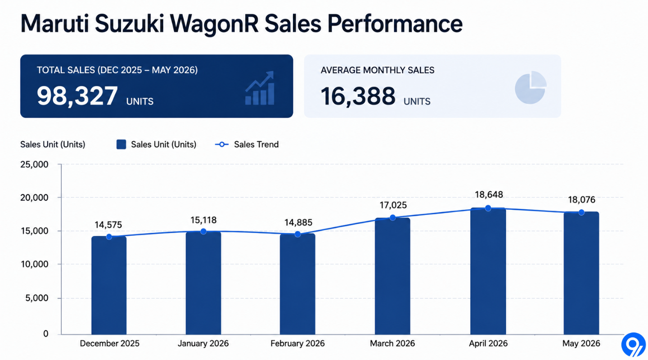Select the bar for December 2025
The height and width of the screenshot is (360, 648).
click(109, 285)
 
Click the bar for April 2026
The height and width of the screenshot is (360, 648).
click(488, 271)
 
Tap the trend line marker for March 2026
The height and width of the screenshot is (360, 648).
click(392, 218)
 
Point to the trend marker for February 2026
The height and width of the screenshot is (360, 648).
click(298, 234)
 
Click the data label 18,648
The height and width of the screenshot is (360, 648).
click(489, 195)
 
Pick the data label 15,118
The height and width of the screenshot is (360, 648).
click(203, 220)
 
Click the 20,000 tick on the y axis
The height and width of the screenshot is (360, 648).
click(34, 198)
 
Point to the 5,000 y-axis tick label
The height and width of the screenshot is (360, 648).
click(37, 298)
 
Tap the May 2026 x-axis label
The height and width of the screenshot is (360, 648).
click(581, 343)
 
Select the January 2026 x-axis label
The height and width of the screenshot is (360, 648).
click(203, 343)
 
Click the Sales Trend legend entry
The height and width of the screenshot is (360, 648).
click(247, 144)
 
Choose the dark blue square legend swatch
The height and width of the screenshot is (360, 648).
click(121, 144)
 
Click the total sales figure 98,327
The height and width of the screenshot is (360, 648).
click(77, 96)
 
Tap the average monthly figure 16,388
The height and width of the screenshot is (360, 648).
click(358, 96)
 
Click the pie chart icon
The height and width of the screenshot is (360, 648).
click(531, 87)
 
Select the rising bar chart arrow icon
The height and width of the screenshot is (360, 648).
click(260, 88)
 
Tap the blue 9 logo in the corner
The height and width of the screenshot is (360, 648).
click(633, 345)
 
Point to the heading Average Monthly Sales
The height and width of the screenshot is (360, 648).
click(377, 70)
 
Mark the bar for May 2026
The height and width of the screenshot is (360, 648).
click(581, 273)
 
